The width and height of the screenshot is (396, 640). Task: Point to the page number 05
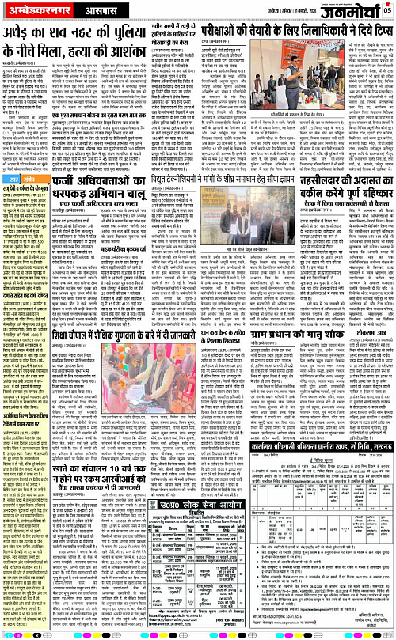tap(387, 9)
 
